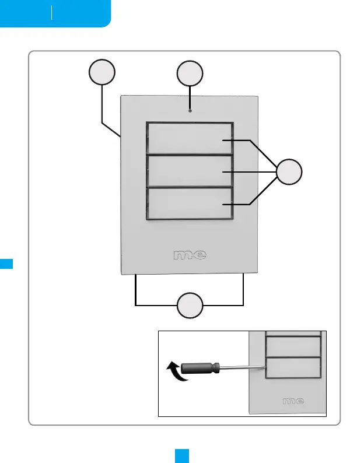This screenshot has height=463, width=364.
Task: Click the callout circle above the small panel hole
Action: pyautogui.click(x=190, y=73)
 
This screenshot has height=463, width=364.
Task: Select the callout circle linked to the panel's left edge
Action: pyautogui.click(x=101, y=73)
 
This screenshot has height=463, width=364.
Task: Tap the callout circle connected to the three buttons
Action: pyautogui.click(x=289, y=173)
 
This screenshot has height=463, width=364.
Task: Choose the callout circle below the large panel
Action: pyautogui.click(x=190, y=306)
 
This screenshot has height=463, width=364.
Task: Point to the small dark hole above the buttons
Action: pyautogui.click(x=190, y=110)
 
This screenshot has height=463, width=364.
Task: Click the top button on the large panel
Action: pyautogui.click(x=189, y=138)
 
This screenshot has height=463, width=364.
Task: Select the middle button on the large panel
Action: pyautogui.click(x=189, y=171)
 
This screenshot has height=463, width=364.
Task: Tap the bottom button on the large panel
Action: pyautogui.click(x=189, y=203)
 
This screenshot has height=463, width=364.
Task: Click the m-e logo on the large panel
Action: pyautogui.click(x=191, y=255)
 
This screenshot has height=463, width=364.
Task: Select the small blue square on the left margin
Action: pyautogui.click(x=6, y=264)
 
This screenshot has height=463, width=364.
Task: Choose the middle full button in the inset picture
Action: pyautogui.click(x=293, y=346)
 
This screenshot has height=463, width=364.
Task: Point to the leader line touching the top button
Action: pyautogui.click(x=236, y=141)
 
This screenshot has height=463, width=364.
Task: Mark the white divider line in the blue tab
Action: pyautogui.click(x=52, y=13)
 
